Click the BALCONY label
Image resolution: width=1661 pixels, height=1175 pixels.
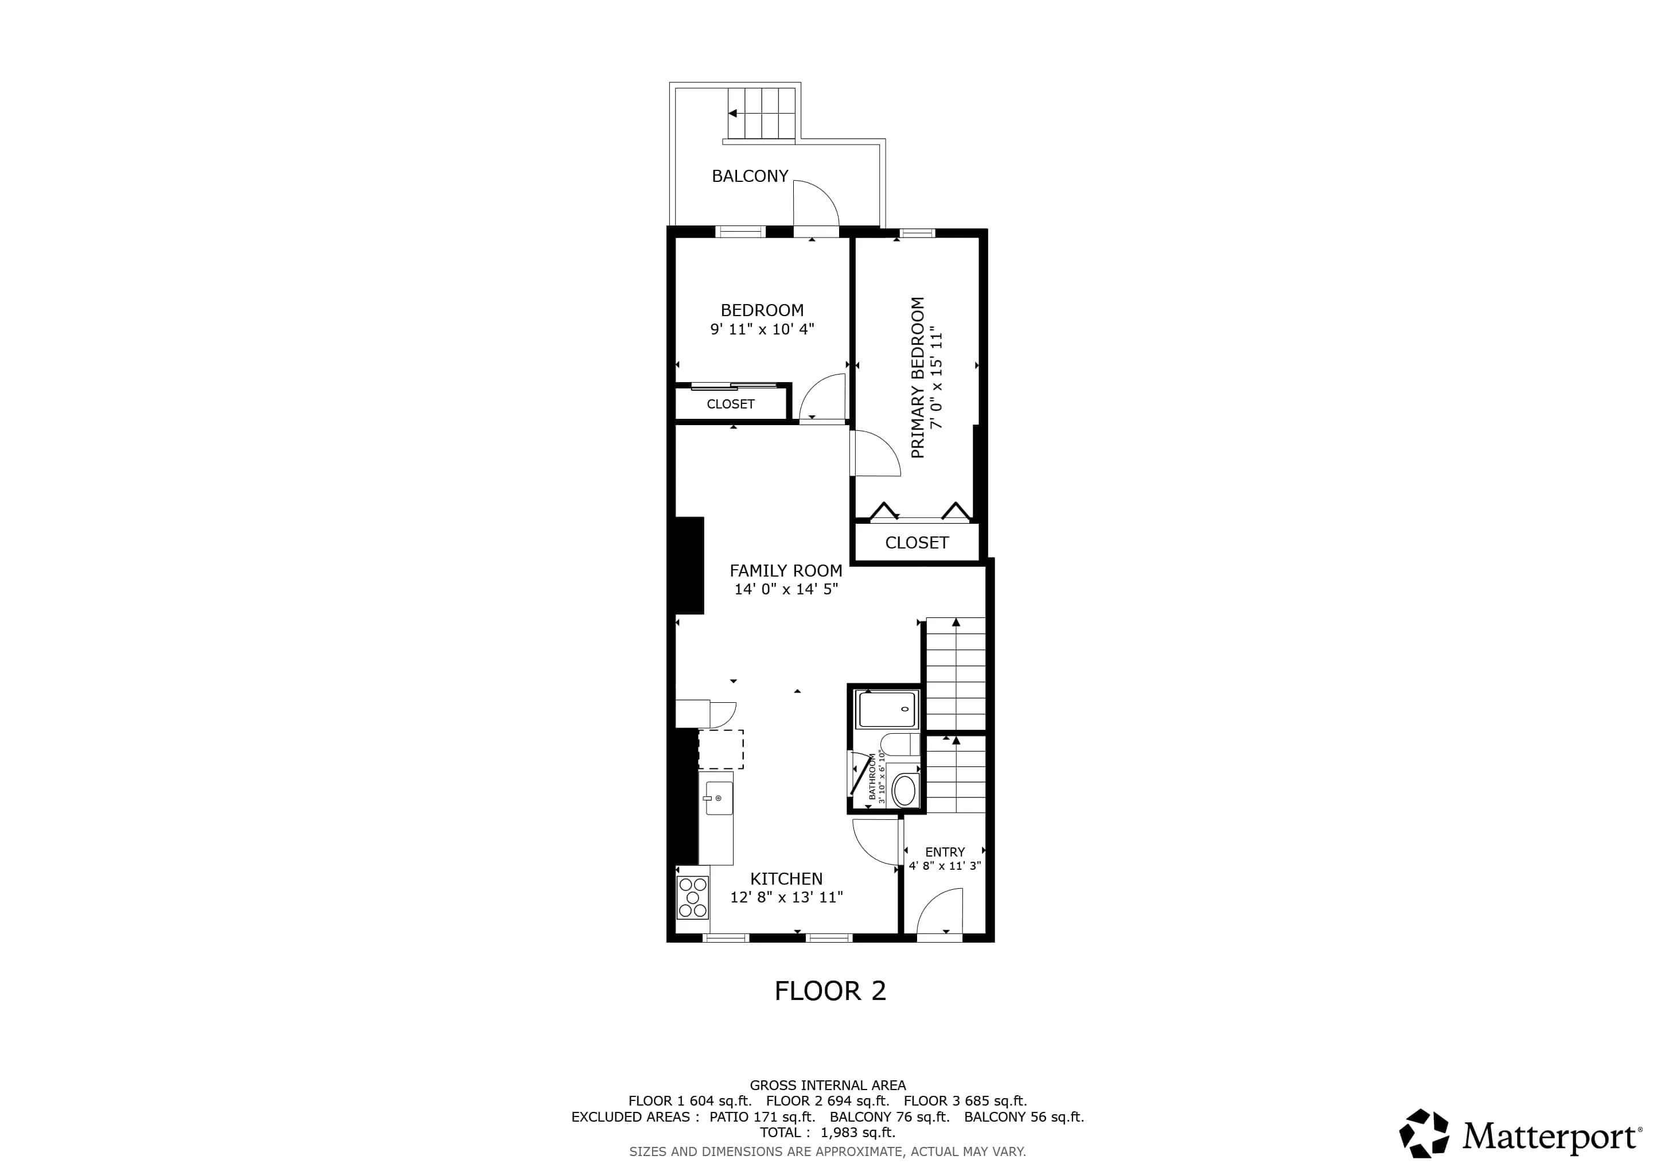coord(750,176)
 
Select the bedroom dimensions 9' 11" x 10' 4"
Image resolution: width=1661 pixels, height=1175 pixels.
coord(762,329)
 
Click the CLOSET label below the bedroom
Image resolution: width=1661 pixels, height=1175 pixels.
coord(730,404)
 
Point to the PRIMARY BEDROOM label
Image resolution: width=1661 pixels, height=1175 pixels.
coord(917,377)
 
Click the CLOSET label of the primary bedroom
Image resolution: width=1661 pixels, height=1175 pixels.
coord(917,543)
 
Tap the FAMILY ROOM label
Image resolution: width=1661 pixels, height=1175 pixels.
coord(786,570)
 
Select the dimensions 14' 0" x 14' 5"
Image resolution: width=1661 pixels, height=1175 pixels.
coord(786,589)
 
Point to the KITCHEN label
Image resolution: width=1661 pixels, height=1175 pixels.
coord(786,878)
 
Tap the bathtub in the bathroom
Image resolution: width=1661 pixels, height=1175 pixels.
coord(887,709)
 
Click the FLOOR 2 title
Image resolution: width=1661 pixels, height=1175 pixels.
coord(830,990)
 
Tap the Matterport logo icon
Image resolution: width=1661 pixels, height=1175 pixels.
coord(1424,1133)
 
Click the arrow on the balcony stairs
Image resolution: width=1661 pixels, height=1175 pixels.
coord(733,114)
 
